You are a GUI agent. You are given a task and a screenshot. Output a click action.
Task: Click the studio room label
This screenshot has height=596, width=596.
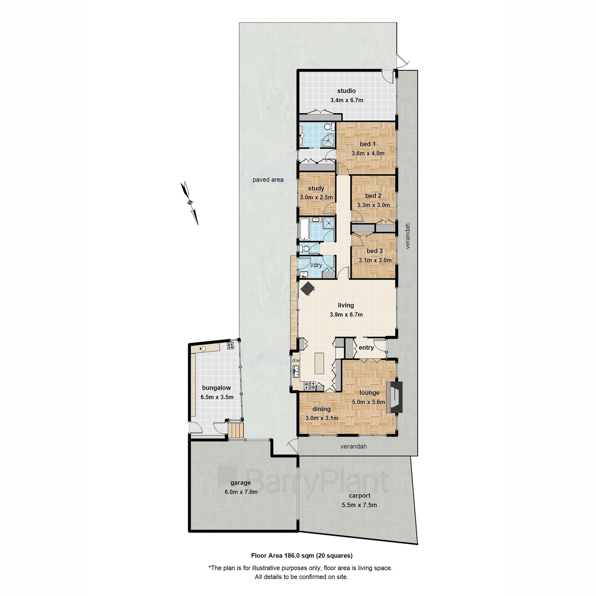pyautogui.click(x=346, y=91)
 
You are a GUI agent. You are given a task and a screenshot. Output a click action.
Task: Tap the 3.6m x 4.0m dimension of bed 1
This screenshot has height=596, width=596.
pyautogui.click(x=368, y=153)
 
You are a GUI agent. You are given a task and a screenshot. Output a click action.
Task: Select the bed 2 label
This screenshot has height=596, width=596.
pyautogui.click(x=373, y=196)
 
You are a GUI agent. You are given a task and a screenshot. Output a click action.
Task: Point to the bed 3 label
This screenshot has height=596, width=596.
pyautogui.click(x=374, y=251)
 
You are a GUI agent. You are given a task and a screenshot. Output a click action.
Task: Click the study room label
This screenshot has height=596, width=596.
pyautogui.click(x=316, y=188)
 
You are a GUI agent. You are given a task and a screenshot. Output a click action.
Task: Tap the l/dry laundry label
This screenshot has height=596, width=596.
pyautogui.click(x=316, y=265)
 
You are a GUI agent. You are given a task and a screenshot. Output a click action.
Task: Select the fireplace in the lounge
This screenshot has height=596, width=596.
pyautogui.click(x=394, y=397)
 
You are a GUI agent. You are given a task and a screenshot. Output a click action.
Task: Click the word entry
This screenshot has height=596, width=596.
pyautogui.click(x=366, y=348)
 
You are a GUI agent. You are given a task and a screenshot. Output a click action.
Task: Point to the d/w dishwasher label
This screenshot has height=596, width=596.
pyautogui.click(x=296, y=360)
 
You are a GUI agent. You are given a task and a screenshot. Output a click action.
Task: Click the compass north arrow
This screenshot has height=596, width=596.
pyautogui.click(x=189, y=203)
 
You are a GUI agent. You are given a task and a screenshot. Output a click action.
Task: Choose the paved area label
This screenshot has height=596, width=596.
pyautogui.click(x=268, y=180)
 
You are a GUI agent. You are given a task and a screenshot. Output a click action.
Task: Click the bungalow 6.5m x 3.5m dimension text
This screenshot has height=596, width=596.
pyautogui.click(x=217, y=397)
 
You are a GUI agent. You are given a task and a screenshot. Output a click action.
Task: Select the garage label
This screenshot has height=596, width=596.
pyautogui.click(x=240, y=482)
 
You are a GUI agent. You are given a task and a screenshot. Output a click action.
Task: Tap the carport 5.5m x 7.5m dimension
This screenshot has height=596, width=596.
pyautogui.click(x=359, y=505)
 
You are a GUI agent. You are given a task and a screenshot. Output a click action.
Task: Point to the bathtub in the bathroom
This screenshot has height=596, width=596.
pyautogui.click(x=304, y=228)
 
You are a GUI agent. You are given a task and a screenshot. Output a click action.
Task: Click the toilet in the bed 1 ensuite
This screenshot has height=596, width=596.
pyautogui.click(x=329, y=127)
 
